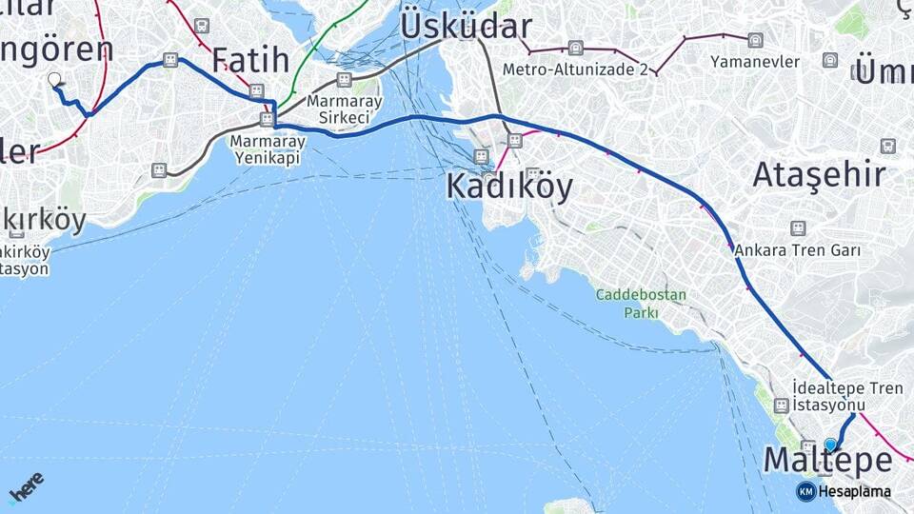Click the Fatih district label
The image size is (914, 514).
click(249, 59)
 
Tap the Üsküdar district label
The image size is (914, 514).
click(466, 26)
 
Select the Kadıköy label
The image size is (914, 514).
click(509, 188)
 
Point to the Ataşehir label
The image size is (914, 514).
click(819, 174)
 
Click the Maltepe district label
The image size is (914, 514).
click(827, 462)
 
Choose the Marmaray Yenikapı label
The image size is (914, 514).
click(268, 148)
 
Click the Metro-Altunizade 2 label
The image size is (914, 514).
click(575, 69)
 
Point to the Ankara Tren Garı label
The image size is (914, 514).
click(798, 250)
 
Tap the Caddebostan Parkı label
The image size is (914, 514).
click(641, 303)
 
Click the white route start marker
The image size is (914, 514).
click(54, 81)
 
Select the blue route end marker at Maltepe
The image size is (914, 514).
click(831, 444)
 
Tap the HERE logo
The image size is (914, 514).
click(26, 487)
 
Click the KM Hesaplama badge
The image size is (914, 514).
click(844, 491)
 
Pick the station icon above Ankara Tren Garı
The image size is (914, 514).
click(798, 228)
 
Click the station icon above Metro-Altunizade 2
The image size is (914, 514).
click(575, 48)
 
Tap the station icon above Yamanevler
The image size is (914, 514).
click(755, 40)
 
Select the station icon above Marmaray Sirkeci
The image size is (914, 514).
click(344, 79)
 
